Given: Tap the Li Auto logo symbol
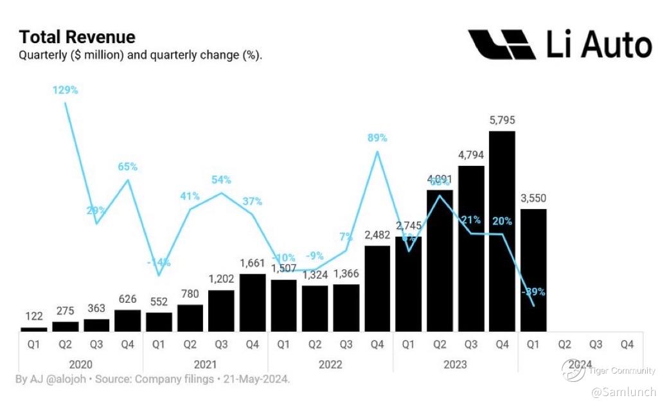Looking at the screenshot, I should (501, 44).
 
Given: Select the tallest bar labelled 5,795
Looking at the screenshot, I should (502, 231).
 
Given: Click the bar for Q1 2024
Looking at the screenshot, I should (533, 270).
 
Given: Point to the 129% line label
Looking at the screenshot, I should (65, 90).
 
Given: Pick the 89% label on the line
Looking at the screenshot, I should (377, 138).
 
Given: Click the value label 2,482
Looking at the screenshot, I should (377, 235).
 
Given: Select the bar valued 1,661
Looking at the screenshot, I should (253, 302).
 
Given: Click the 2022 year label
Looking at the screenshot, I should (330, 364).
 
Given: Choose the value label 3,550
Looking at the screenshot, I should (533, 198).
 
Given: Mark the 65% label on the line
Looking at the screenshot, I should (128, 167).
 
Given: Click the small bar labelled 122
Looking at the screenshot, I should (34, 329).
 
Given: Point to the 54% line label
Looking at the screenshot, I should (221, 179).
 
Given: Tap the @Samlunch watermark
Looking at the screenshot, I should (623, 392).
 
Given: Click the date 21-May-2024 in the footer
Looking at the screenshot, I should (256, 379).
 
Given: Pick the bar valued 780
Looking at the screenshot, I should (190, 318).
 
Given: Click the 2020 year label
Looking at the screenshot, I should (81, 364).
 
